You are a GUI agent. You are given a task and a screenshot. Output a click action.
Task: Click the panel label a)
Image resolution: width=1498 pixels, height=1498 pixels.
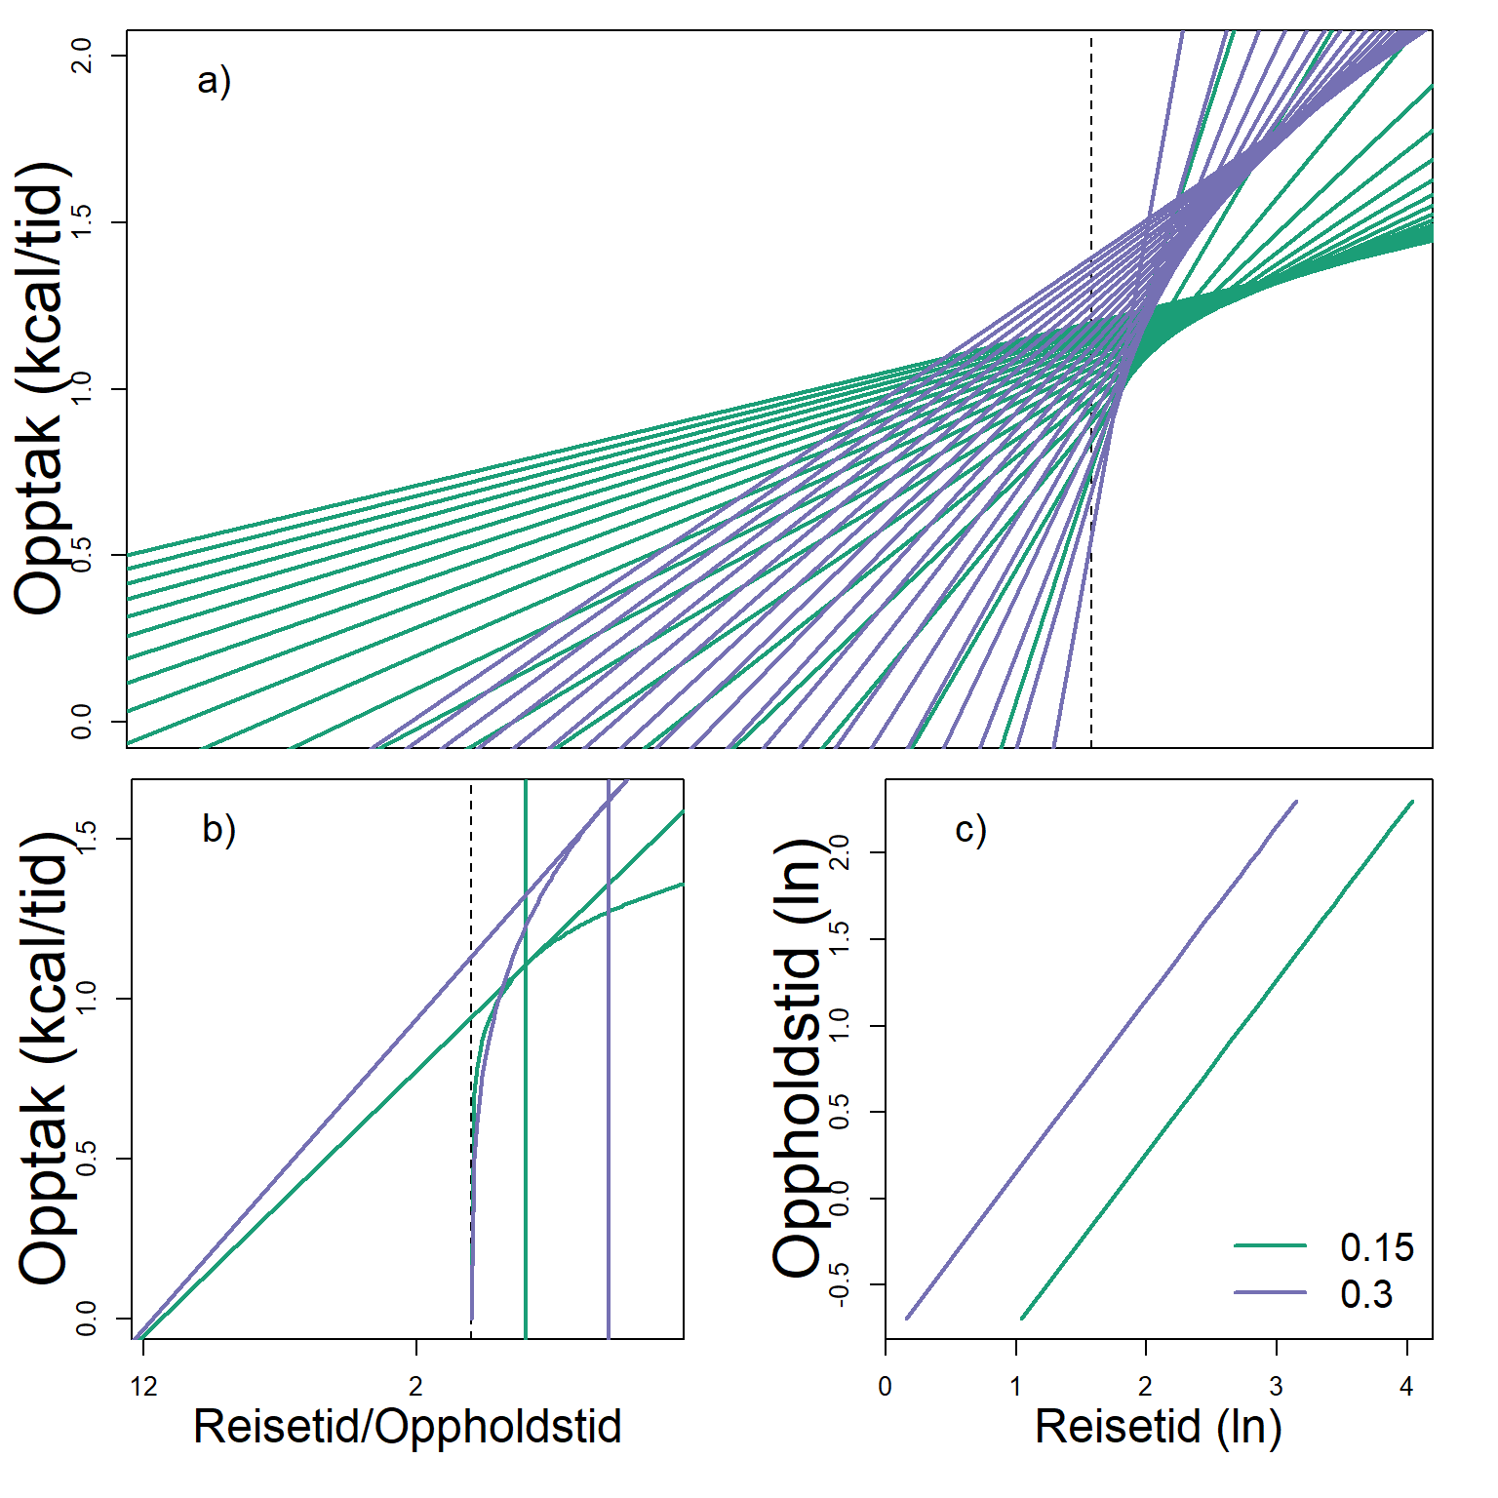(x=214, y=80)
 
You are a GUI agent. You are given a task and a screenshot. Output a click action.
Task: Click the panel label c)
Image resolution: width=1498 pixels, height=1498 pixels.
(x=970, y=830)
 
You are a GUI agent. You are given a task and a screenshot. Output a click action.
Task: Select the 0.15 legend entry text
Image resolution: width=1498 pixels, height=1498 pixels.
(x=1376, y=1247)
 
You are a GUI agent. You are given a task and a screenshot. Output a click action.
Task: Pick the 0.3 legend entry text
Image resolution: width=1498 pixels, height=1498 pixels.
(x=1366, y=1294)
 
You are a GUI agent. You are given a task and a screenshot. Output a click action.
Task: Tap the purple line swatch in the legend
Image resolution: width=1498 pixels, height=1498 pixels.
(x=1270, y=1293)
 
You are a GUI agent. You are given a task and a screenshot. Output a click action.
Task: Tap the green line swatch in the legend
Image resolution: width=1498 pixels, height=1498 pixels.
(x=1270, y=1246)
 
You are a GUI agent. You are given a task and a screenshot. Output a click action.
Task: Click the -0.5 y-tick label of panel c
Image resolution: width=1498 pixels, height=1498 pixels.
(x=839, y=1284)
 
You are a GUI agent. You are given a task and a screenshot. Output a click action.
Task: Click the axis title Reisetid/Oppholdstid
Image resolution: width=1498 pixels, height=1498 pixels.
(x=408, y=1427)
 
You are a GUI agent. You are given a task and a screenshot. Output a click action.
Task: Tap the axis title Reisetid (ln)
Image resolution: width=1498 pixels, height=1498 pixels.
(x=1158, y=1427)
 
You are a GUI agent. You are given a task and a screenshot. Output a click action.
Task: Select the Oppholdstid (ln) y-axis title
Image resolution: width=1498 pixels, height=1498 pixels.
(x=800, y=1058)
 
